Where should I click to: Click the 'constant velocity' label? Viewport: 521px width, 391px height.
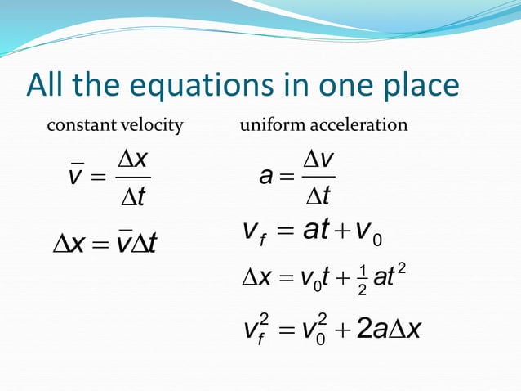pos(114,126)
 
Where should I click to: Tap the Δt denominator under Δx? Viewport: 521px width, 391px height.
pos(131,196)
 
